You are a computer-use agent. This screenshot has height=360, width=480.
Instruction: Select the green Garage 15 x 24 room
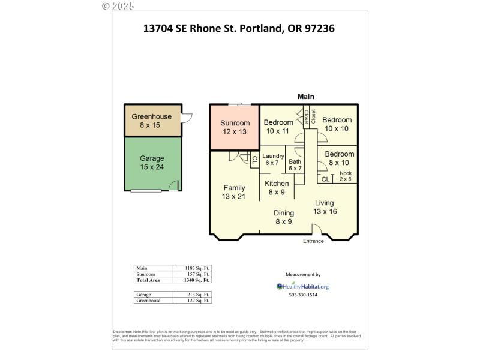(152, 163)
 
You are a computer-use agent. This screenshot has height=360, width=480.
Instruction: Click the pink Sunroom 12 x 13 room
(234, 127)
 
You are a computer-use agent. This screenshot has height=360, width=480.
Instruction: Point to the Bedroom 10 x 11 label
(278, 127)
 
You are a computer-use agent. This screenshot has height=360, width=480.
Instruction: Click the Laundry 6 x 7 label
(272, 160)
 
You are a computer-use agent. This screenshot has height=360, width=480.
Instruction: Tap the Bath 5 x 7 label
(295, 165)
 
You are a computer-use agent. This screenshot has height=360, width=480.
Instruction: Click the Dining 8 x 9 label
(283, 217)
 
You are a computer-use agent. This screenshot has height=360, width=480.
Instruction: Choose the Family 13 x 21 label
(234, 192)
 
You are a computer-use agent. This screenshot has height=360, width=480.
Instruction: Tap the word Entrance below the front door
(313, 241)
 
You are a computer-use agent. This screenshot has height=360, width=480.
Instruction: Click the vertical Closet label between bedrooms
(307, 116)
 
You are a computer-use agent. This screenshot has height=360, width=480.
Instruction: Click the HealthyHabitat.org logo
(303, 286)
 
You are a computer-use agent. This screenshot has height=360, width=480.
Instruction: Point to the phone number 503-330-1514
(304, 295)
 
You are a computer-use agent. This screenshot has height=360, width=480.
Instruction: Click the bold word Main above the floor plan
(306, 97)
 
